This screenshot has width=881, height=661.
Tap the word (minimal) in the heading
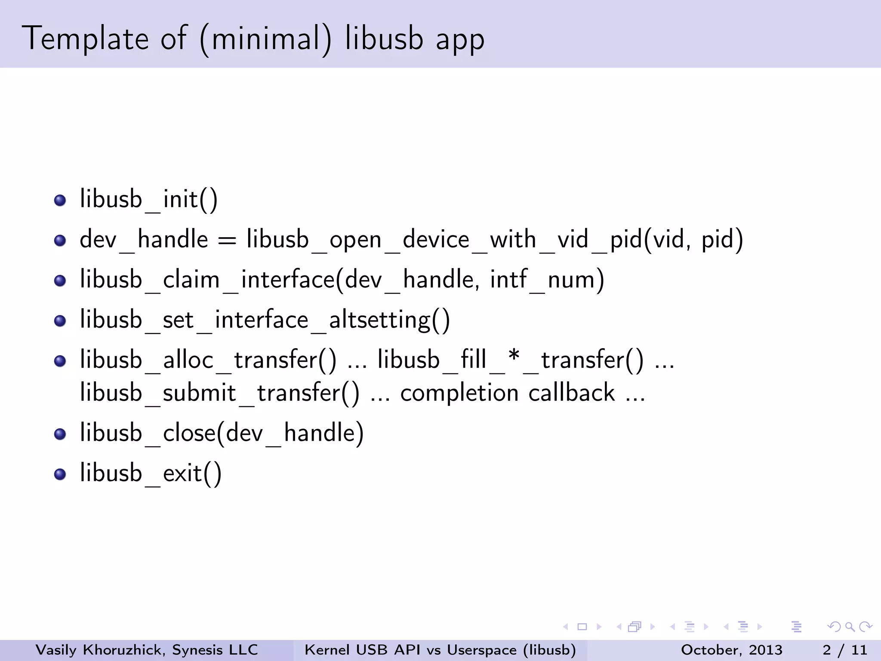265,40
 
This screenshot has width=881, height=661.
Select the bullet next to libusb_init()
60,200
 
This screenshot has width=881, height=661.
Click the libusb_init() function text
148,199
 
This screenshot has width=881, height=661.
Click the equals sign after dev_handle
227,240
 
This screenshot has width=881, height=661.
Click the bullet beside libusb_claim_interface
60,281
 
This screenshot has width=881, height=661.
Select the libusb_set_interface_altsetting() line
265,320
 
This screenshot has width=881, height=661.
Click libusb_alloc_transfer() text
208,360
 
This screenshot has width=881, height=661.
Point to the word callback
571,393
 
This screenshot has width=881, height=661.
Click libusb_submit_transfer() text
219,393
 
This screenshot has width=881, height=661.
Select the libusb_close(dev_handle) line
222,433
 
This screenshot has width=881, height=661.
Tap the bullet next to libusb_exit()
60,474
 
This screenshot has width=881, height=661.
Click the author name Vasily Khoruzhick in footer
99,650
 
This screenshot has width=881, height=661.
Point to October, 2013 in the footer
731,650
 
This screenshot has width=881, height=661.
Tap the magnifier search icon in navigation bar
850,627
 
